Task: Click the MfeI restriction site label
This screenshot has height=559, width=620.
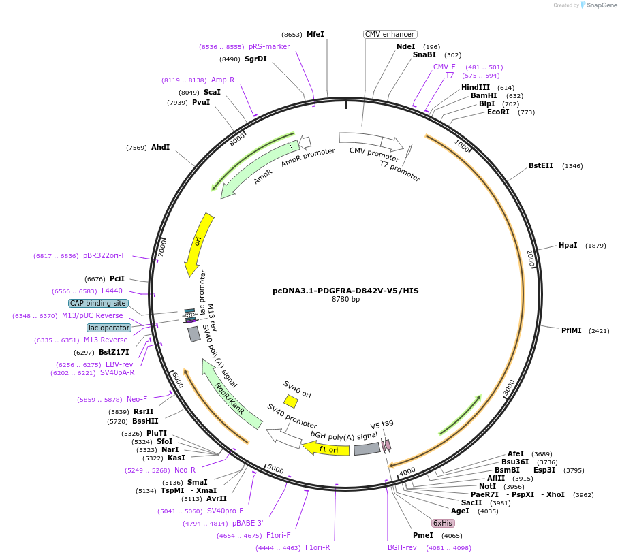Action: click(x=315, y=34)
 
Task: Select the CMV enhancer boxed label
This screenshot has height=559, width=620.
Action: click(x=390, y=34)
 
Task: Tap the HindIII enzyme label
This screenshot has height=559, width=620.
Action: click(x=475, y=87)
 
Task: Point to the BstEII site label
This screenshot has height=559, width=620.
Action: click(x=541, y=165)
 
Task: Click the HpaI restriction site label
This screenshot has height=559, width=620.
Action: click(x=568, y=245)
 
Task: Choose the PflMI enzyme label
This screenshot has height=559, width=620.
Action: click(x=572, y=330)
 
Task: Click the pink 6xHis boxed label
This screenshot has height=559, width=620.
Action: click(x=442, y=523)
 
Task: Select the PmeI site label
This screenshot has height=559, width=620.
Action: click(x=422, y=535)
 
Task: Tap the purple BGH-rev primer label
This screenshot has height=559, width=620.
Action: click(x=402, y=547)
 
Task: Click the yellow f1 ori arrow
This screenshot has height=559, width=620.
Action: click(x=326, y=449)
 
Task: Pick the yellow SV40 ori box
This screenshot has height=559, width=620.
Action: click(x=291, y=401)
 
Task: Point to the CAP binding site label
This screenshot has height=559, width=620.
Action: click(x=98, y=303)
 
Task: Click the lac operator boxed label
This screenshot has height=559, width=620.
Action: click(x=108, y=328)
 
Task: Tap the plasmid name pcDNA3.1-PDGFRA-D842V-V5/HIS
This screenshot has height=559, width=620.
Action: click(x=345, y=291)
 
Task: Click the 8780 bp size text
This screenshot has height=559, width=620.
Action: click(x=345, y=300)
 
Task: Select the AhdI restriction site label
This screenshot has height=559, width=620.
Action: click(x=160, y=147)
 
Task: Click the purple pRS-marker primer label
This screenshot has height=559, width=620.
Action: click(x=269, y=46)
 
